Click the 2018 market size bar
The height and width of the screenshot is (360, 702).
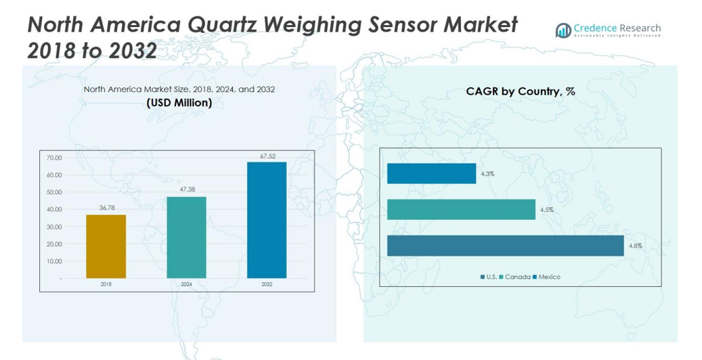pos(106,246)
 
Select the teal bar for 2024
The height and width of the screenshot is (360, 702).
pos(186,238)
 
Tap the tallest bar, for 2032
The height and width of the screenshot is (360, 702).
pos(267,220)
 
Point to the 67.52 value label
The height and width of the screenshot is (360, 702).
pos(268,156)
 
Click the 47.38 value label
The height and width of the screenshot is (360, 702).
pos(186,190)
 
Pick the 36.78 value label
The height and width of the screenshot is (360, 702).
pos(107,208)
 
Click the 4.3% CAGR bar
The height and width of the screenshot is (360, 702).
pos(431,174)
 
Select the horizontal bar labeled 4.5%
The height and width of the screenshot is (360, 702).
pos(461,210)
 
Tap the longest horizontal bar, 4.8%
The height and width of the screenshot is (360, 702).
pos(505,246)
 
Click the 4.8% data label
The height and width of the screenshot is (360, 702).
pos(635,246)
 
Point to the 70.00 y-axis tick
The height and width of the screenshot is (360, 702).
pos(54,158)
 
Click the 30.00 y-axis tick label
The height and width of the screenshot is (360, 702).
pos(54,227)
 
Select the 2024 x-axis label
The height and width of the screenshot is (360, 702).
pos(186,285)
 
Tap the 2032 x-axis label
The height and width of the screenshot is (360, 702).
pos(267,285)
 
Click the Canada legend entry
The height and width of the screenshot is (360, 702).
pos(517,277)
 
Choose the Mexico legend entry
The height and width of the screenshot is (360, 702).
pos(549,277)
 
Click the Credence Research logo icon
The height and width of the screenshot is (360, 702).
pos(563,30)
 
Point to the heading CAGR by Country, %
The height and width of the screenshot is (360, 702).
pos(520,91)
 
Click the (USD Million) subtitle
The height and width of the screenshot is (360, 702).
pos(179,103)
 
